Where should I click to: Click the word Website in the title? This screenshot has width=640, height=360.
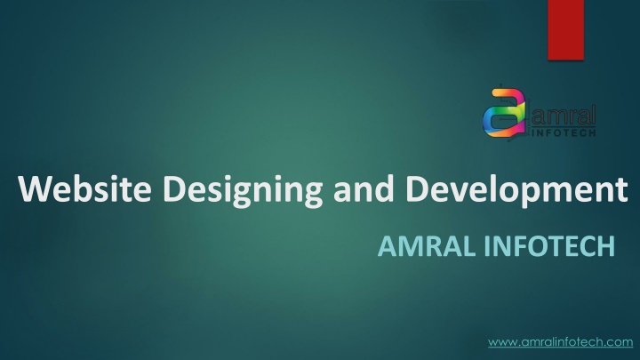click(85, 188)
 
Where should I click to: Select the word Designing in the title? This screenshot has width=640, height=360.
click(243, 191)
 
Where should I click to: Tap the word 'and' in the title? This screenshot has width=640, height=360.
click(364, 188)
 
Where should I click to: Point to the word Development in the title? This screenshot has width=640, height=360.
click(516, 191)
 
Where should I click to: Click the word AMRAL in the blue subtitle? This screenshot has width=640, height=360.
click(427, 246)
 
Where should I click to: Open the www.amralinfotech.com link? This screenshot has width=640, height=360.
click(560, 341)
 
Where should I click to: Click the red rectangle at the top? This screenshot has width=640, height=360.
click(565, 30)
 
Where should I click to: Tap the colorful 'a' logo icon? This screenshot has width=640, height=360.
click(505, 113)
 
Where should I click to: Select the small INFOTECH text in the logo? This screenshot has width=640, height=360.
click(564, 132)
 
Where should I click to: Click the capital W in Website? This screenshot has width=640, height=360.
click(36, 188)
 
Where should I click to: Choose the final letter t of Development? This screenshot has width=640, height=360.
click(621, 190)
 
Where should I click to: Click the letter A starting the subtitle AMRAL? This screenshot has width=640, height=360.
click(388, 246)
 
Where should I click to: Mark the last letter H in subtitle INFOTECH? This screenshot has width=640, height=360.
click(606, 246)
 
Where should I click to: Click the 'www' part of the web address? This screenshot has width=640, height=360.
click(503, 342)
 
